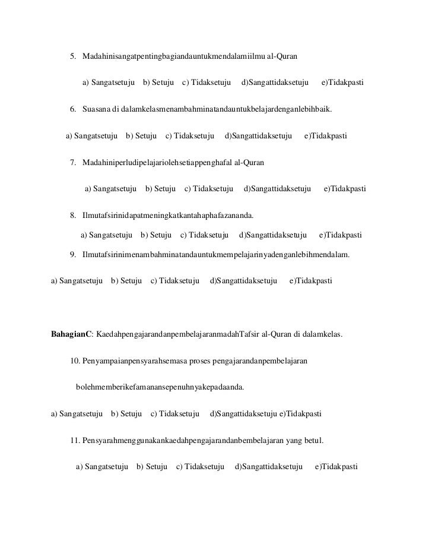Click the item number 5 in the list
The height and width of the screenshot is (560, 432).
pyautogui.click(x=73, y=56)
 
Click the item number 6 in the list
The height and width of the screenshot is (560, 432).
pyautogui.click(x=73, y=110)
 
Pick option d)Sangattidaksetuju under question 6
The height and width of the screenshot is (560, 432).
pyautogui.click(x=259, y=136)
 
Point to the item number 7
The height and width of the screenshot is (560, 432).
pyautogui.click(x=73, y=163)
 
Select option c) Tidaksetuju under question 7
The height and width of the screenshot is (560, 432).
pyautogui.click(x=208, y=189)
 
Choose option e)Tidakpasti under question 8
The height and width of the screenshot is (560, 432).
pyautogui.click(x=340, y=235)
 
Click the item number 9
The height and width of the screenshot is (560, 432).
pyautogui.click(x=73, y=255)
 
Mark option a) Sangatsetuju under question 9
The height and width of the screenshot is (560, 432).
pyautogui.click(x=78, y=280)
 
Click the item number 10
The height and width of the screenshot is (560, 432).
pyautogui.click(x=75, y=361)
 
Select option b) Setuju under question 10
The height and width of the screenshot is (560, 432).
pyautogui.click(x=126, y=413)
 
